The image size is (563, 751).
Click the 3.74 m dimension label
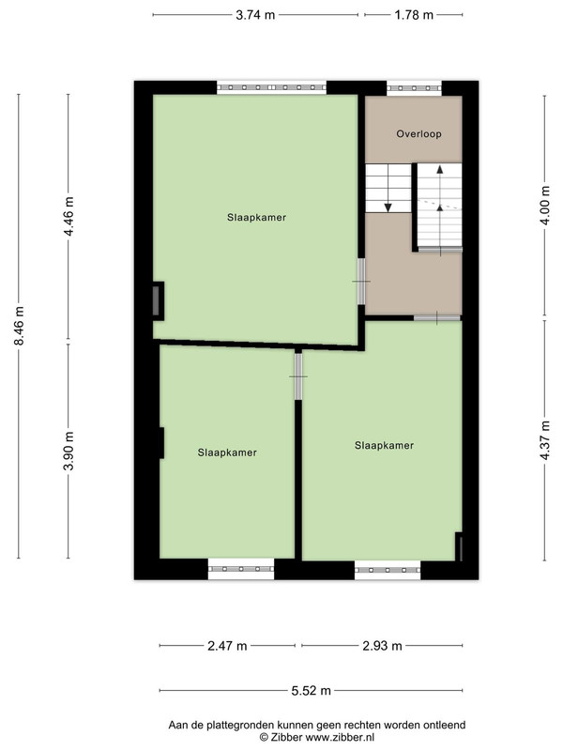click(255, 15)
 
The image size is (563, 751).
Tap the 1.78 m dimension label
click(414, 15)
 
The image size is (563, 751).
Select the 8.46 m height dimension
click(19, 326)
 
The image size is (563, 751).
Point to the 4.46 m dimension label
click(68, 216)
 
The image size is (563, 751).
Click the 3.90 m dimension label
click(68, 452)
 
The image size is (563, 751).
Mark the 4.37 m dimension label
click(545, 440)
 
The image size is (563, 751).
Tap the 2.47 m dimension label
click(227, 646)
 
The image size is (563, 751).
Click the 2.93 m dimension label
click(382, 646)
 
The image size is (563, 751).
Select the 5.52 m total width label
click(312, 691)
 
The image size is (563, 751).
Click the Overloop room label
click(418, 134)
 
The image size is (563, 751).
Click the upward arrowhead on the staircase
click(440, 169)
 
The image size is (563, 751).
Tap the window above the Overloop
click(414, 88)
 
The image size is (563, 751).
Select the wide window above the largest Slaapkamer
click(271, 87)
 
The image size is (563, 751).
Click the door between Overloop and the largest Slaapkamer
click(361, 281)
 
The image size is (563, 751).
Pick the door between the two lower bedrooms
click(298, 376)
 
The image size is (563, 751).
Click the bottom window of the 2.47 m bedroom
click(241, 569)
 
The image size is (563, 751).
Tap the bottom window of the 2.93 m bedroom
click(388, 570)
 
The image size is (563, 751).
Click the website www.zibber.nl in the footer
click(340, 737)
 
